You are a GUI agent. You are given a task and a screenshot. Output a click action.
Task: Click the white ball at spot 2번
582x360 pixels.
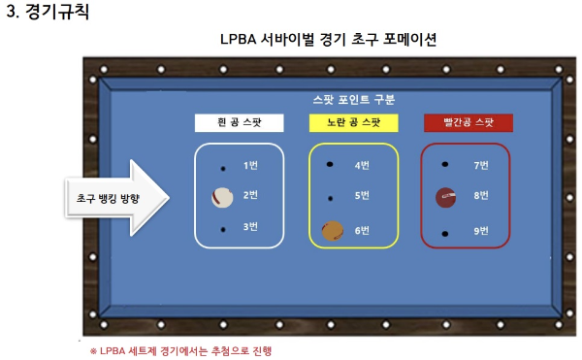tap(222, 197)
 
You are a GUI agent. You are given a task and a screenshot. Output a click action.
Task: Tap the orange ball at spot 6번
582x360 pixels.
tap(333, 230)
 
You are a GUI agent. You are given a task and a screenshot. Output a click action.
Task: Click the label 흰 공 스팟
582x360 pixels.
tap(239, 123)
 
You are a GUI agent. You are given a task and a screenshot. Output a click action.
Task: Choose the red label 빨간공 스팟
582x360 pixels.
tap(468, 123)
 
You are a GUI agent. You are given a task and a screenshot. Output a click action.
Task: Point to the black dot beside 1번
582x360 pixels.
tap(222, 166)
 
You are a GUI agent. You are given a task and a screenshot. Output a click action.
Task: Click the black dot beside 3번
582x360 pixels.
tap(222, 229)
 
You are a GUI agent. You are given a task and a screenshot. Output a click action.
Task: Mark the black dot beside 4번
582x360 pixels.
tap(331, 164)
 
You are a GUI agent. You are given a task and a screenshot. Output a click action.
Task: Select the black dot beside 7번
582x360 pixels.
tap(445, 165)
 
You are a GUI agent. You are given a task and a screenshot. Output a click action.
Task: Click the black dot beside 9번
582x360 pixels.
tap(445, 234)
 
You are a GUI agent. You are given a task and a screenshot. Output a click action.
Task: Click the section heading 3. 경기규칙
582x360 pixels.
tap(54, 14)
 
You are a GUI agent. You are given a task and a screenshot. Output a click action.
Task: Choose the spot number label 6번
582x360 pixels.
tap(363, 230)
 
